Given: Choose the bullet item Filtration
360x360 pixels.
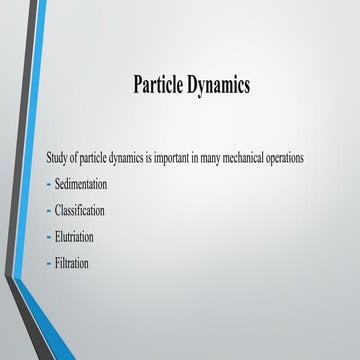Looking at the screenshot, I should (72, 263).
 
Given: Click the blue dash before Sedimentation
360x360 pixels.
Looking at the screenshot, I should (49, 185).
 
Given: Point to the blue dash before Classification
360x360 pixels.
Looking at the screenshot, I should (49, 211).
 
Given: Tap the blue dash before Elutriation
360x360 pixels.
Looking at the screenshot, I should (49, 237).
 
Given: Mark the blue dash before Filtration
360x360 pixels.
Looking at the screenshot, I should (49, 263).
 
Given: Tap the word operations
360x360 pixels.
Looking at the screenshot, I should (288, 159).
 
